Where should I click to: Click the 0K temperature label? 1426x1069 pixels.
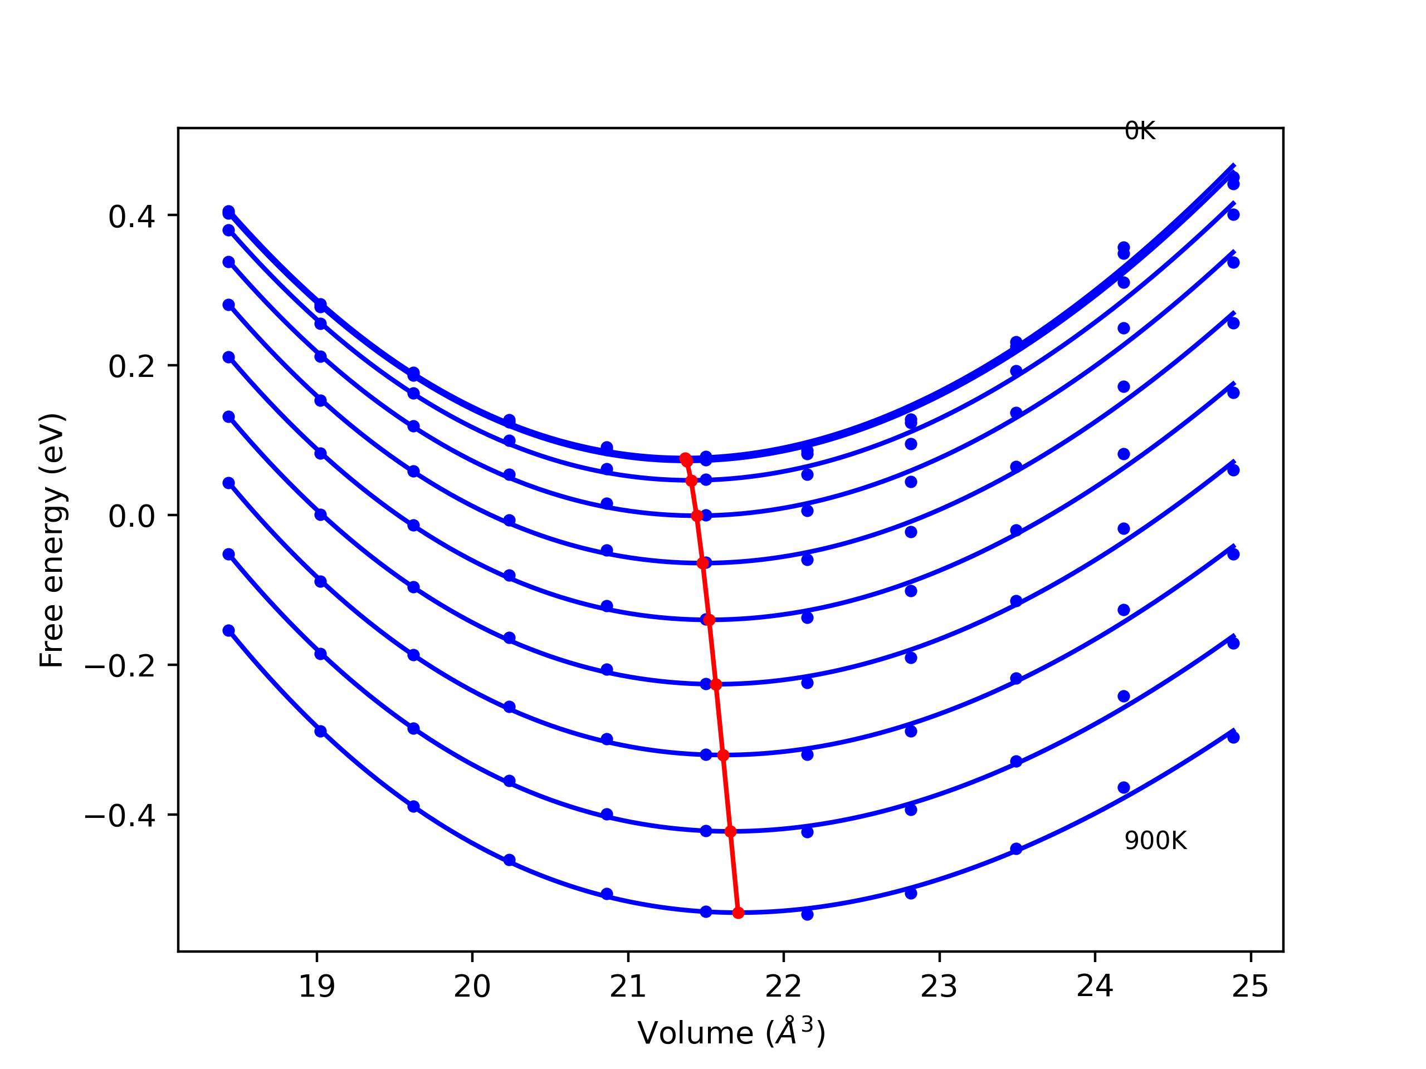1139,131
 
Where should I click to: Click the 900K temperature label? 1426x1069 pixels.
1155,841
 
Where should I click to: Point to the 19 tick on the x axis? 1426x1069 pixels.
316,987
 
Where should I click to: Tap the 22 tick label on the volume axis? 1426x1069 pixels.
783,987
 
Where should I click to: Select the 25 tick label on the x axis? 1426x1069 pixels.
1250,987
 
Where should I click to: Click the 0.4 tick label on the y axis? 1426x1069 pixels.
131,218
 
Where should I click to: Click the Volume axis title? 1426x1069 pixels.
731,1033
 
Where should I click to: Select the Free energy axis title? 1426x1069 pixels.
52,540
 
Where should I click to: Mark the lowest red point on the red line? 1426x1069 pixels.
738,913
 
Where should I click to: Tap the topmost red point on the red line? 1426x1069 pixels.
685,458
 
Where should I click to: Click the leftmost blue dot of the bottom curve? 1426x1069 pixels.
229,631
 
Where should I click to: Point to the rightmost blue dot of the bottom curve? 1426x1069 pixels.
1233,738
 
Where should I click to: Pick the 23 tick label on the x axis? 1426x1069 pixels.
939,987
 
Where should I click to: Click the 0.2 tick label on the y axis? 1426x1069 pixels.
131,367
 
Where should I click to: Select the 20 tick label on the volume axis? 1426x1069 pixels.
472,987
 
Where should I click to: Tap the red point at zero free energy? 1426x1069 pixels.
697,516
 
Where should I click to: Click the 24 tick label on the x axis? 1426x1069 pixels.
1095,987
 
